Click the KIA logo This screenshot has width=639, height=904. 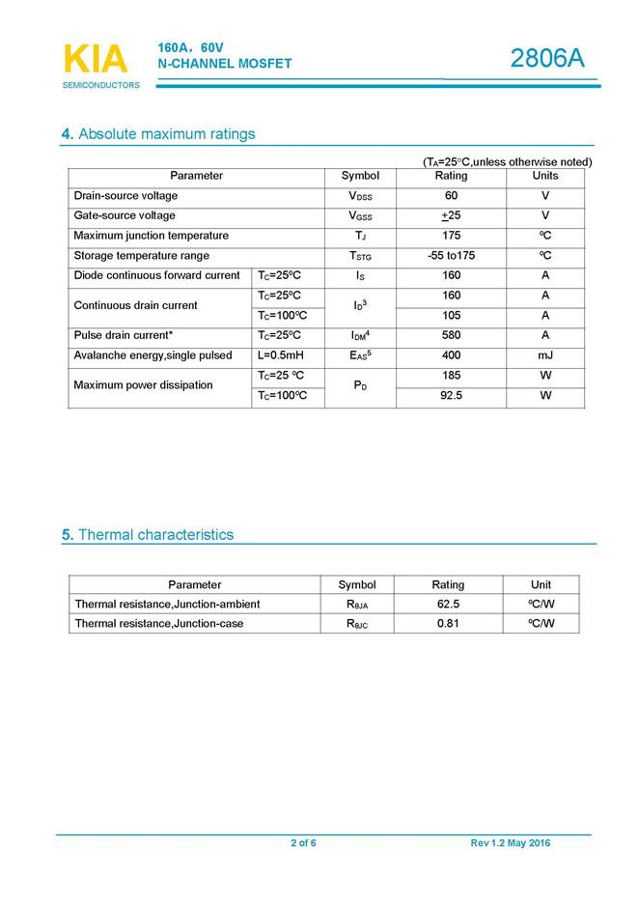click(x=96, y=60)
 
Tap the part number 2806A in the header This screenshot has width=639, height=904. click(x=547, y=59)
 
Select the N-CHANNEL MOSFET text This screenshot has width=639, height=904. click(x=224, y=64)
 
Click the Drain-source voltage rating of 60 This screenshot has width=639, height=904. click(x=451, y=196)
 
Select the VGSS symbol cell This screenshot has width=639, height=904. click(x=360, y=216)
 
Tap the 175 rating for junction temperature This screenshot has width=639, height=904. click(x=451, y=236)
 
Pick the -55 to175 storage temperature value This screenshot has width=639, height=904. click(x=451, y=256)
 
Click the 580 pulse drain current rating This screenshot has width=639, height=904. click(x=451, y=336)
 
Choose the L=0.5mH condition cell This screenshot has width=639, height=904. click(x=281, y=355)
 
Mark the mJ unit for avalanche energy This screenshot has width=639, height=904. click(x=545, y=355)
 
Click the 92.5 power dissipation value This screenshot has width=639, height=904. click(x=451, y=396)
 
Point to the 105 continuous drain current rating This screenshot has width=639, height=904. click(x=451, y=316)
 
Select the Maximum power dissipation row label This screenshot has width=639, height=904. click(x=143, y=385)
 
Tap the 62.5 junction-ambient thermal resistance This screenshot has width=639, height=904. click(x=448, y=605)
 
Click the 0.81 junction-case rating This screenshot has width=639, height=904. click(x=448, y=624)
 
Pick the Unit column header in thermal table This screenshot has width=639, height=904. click(x=541, y=584)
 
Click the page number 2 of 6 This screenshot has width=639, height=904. click(x=303, y=843)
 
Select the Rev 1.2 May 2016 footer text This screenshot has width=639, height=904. click(x=510, y=843)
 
